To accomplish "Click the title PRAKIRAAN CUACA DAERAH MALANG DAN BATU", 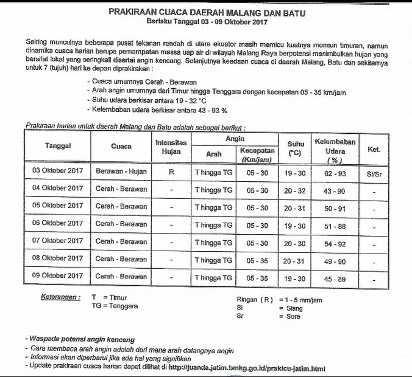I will [207, 12].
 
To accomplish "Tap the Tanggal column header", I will [58, 146].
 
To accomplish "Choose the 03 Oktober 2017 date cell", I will [58, 171].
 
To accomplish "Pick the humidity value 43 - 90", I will [335, 190].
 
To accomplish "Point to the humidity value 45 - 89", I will [335, 278].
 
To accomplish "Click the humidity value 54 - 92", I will [335, 243].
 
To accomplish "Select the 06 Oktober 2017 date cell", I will [58, 224].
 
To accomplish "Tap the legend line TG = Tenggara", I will [114, 306].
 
